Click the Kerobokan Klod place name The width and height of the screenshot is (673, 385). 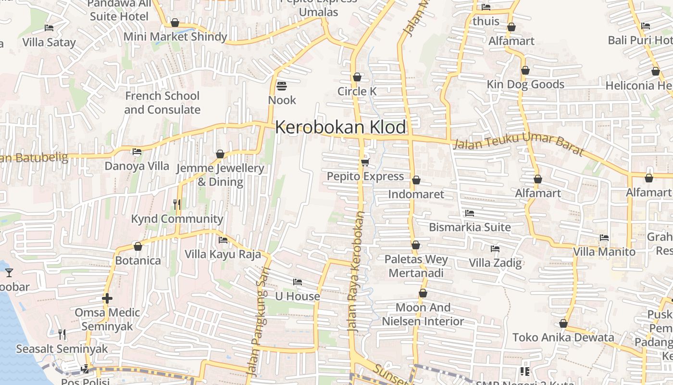coord(340,128)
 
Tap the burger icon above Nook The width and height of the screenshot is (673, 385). coord(282,87)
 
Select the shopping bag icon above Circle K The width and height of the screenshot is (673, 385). coord(357,77)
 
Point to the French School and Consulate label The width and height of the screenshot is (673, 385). coord(162,103)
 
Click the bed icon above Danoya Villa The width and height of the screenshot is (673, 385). coord(137,152)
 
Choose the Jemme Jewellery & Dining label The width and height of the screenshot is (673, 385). coord(220,175)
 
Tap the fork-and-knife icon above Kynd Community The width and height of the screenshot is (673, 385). coord(177,205)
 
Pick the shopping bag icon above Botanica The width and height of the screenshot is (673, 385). coord(138,246)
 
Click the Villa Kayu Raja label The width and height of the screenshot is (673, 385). coord(223,254)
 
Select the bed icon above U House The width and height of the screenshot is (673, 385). coord(298,282)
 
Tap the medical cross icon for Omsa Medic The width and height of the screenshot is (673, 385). coord(107,298)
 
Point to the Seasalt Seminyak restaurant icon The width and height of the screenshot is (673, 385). coord(62,334)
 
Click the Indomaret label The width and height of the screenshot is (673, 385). coord(416,194)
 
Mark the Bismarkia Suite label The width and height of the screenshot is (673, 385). coord(470,227)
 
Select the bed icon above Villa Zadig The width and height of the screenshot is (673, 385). coord(495,249)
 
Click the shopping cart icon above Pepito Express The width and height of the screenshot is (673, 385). coord(365,162)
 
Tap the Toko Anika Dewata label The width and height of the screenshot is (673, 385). coord(563,337)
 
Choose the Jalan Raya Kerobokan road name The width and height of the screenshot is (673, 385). coord(356,272)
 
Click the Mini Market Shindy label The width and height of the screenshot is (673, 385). coord(175,37)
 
